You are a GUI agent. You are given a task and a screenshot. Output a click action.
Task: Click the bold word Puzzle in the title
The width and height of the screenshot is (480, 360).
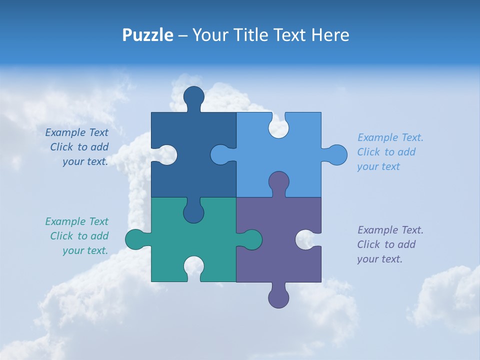click(x=148, y=35)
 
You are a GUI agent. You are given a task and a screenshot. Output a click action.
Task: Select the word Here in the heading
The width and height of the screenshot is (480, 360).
click(x=330, y=35)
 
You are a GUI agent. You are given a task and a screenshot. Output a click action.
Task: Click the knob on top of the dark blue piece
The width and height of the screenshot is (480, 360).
click(x=193, y=97)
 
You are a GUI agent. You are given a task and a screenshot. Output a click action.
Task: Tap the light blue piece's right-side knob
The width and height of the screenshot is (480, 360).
click(x=336, y=155)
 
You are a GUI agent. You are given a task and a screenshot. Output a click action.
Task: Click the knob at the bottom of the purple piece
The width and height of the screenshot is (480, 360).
click(x=278, y=297)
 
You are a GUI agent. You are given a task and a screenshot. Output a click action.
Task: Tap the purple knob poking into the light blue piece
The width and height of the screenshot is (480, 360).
click(x=278, y=182)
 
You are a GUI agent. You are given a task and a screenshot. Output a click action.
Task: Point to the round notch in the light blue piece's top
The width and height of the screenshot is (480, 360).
click(x=278, y=128)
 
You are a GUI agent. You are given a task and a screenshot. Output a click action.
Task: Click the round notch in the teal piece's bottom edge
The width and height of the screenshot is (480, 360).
click(x=193, y=267)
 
